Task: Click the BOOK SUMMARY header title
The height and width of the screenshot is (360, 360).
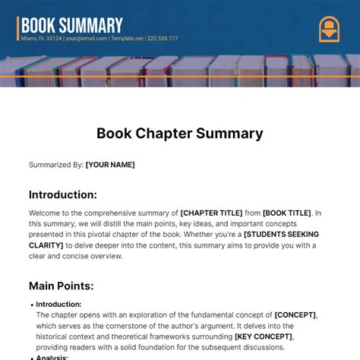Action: pyautogui.click(x=71, y=25)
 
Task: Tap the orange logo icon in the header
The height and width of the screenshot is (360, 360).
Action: pyautogui.click(x=329, y=29)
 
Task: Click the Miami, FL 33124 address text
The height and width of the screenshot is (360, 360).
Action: pyautogui.click(x=41, y=38)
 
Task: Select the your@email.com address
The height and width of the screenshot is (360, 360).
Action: pyautogui.click(x=86, y=38)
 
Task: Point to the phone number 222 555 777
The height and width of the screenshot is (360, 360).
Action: pyautogui.click(x=163, y=38)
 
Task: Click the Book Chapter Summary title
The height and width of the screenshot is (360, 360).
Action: pyautogui.click(x=179, y=134)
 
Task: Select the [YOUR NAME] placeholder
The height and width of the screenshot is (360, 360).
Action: pyautogui.click(x=110, y=164)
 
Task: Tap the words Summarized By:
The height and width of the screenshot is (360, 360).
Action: pyautogui.click(x=55, y=164)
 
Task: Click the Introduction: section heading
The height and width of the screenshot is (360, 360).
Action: pyautogui.click(x=63, y=194)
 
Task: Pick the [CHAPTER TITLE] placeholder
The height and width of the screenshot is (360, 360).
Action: pyautogui.click(x=212, y=213)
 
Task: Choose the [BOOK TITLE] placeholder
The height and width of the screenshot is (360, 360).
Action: pyautogui.click(x=288, y=213)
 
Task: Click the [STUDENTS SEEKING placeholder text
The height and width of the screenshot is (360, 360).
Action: pyautogui.click(x=281, y=235)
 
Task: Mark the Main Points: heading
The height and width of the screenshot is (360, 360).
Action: pyautogui.click(x=61, y=286)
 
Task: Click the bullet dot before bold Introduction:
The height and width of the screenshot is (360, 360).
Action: pyautogui.click(x=32, y=305)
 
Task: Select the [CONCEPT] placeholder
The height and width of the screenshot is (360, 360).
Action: pyautogui.click(x=295, y=314)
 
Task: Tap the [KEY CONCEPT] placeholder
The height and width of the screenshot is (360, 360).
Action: pyautogui.click(x=264, y=336)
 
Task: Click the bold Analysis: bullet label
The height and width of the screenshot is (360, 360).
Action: pyautogui.click(x=52, y=357)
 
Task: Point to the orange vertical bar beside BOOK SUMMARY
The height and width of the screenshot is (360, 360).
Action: pyautogui.click(x=17, y=27)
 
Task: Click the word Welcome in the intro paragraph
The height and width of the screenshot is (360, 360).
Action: pyautogui.click(x=47, y=213)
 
